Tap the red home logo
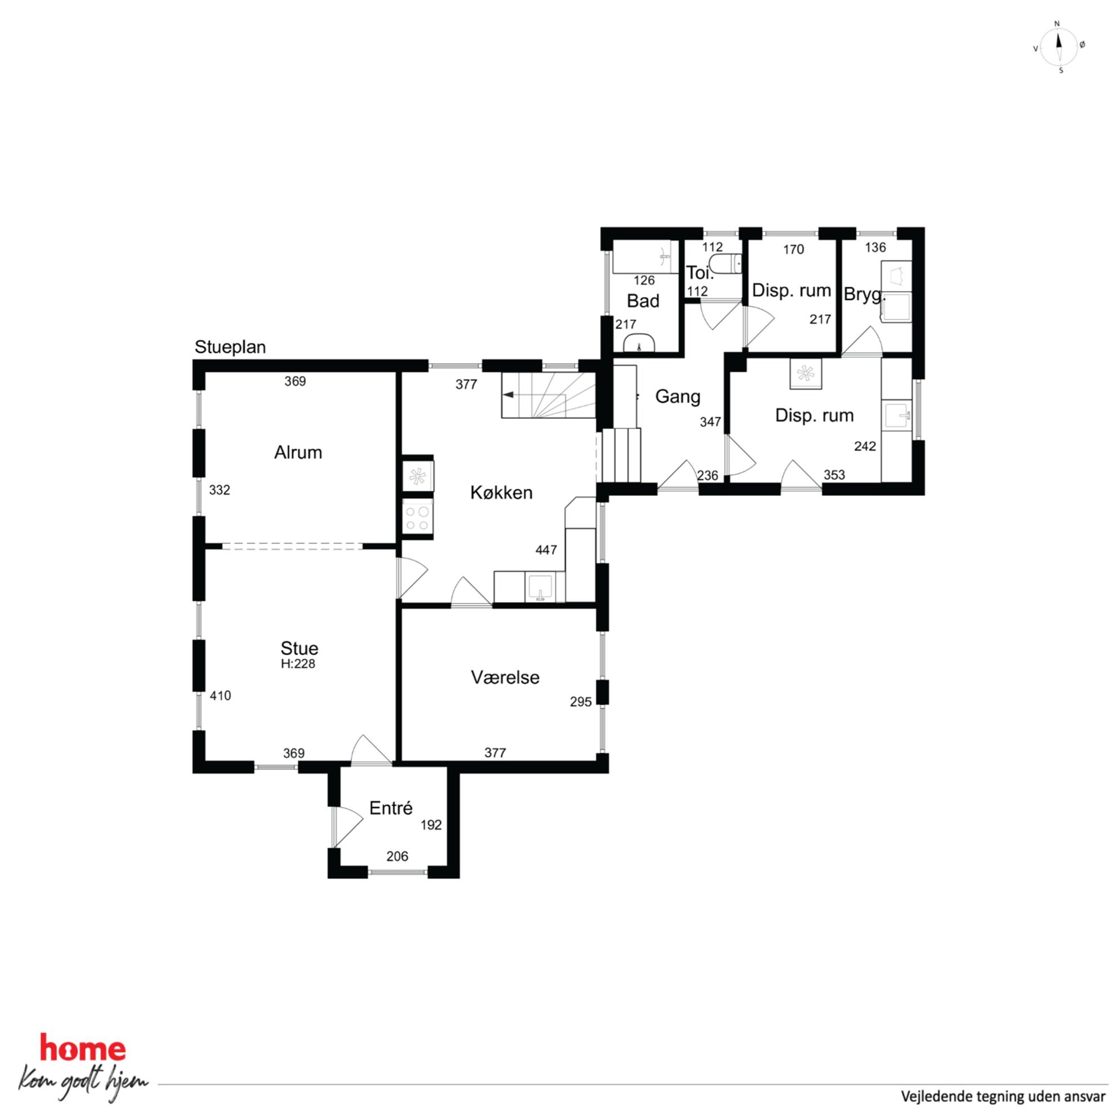[82, 1048]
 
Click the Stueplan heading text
[230, 347]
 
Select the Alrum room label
[298, 452]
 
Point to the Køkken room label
[501, 493]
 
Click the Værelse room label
[506, 678]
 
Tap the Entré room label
[391, 808]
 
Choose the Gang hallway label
[678, 396]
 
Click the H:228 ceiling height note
[298, 664]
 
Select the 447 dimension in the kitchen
[546, 550]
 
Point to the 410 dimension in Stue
[220, 695]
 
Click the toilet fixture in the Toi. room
[726, 264]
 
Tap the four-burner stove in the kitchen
[417, 517]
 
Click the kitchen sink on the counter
[540, 587]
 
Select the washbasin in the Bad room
[640, 343]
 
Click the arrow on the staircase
[509, 395]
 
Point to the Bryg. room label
[864, 295]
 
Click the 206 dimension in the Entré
[397, 856]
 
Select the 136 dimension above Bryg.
[875, 248]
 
